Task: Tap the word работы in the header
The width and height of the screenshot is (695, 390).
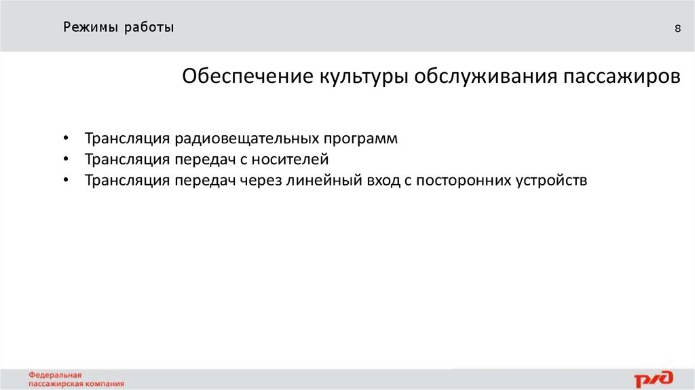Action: click(149, 28)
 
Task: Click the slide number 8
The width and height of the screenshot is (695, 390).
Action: click(677, 29)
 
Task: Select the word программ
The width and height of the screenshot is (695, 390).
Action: click(360, 139)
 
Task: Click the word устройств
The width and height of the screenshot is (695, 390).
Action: click(550, 181)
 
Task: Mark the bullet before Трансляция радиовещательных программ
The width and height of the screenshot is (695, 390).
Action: click(65, 139)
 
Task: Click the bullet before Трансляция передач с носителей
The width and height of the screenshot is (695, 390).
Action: click(65, 160)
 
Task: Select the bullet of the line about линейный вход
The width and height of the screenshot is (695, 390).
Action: click(65, 181)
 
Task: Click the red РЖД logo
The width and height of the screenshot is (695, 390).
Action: click(654, 378)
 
